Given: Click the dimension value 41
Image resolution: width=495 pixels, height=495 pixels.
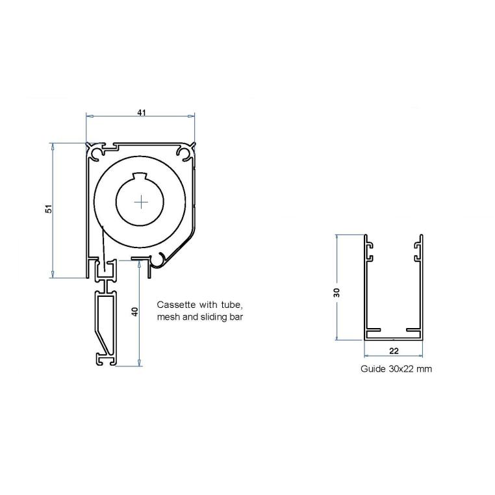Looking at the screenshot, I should (141, 112).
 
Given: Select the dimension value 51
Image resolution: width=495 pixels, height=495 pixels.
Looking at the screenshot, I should (48, 209).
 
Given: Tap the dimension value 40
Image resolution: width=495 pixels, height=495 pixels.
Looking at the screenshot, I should (134, 311).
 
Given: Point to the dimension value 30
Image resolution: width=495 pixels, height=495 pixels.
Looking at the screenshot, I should (336, 292).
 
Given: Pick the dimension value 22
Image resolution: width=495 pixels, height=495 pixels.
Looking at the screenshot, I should (394, 350).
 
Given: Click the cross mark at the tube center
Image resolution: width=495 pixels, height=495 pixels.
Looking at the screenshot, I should (141, 202).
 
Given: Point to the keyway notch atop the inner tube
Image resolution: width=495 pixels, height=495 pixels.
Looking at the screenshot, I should (141, 175).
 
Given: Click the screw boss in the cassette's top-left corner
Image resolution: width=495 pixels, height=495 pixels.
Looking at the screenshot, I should (97, 153).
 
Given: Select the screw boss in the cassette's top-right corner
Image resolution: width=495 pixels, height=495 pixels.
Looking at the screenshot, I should (184, 153).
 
